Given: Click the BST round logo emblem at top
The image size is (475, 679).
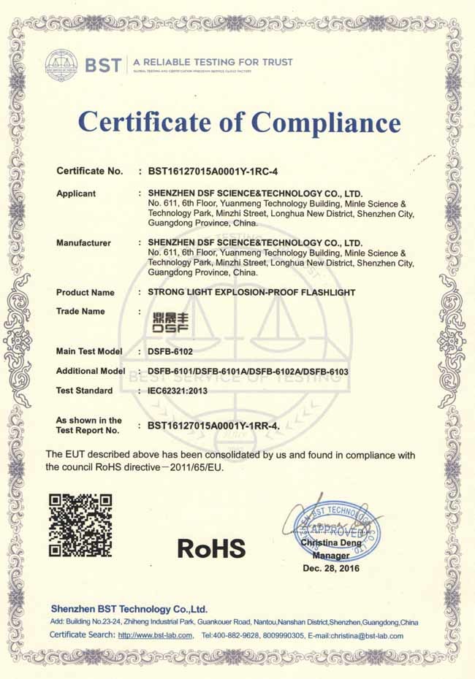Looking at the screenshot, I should [61, 65].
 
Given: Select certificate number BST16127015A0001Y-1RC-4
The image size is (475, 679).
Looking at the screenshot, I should [219, 172].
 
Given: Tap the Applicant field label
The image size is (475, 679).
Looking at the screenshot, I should [76, 193].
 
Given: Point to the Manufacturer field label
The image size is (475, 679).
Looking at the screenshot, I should [84, 242].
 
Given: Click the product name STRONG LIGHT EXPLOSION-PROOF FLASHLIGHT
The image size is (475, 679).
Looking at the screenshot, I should [251, 292].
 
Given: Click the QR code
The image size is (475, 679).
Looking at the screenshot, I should [80, 525].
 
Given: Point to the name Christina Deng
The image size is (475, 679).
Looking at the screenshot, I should [330, 543].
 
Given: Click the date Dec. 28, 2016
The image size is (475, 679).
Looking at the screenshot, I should [331, 568].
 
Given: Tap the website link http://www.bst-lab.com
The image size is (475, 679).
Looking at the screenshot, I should [155, 635].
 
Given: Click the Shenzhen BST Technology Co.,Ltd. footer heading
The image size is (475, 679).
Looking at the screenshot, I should [129, 609].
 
